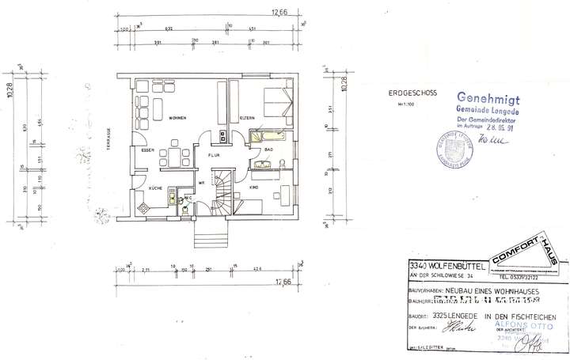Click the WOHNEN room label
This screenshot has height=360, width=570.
[x=176, y=117]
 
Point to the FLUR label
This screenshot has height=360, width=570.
[x=213, y=156]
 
